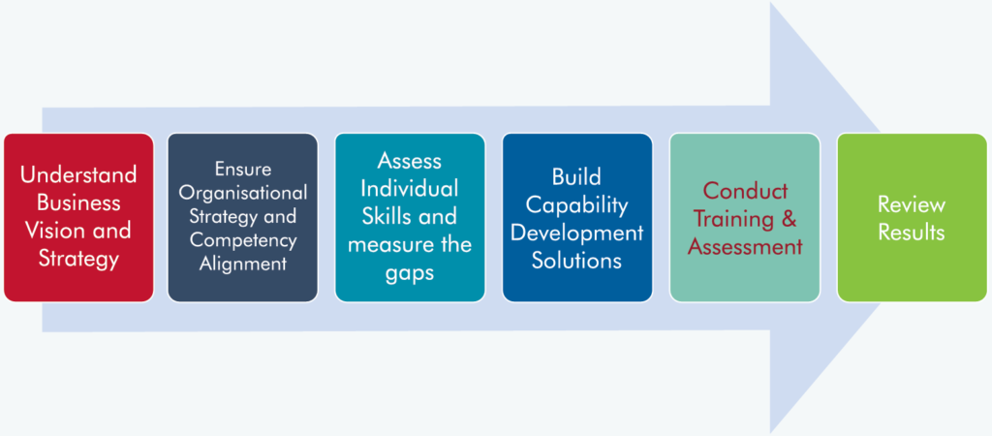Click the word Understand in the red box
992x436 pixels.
pyautogui.click(x=78, y=174)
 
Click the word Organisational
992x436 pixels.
pyautogui.click(x=243, y=193)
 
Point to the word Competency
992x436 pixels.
pyautogui.click(x=243, y=240)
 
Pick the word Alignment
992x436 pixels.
pyautogui.click(x=243, y=264)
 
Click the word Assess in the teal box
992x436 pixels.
pyautogui.click(x=410, y=161)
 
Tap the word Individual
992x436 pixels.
pyautogui.click(x=410, y=188)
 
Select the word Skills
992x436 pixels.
pyautogui.click(x=384, y=216)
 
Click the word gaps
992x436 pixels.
pyautogui.click(x=410, y=272)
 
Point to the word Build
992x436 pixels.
pyautogui.click(x=576, y=177)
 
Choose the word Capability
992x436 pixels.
pyautogui.click(x=576, y=205)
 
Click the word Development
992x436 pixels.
pyautogui.click(x=576, y=233)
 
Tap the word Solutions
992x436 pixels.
pyautogui.click(x=576, y=261)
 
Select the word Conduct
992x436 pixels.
pyautogui.click(x=745, y=191)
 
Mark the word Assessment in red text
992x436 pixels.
pyautogui.click(x=745, y=247)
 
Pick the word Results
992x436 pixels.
pyautogui.click(x=912, y=233)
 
